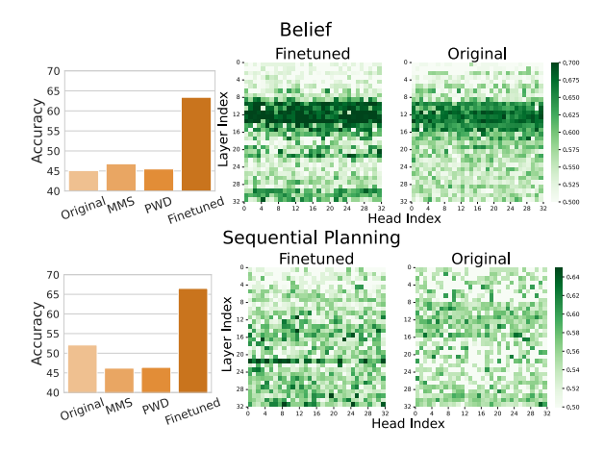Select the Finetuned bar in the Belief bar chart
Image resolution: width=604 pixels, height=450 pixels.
click(x=196, y=144)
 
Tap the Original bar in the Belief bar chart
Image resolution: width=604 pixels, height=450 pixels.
click(x=84, y=181)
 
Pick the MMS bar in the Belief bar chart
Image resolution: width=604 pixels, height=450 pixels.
click(x=121, y=178)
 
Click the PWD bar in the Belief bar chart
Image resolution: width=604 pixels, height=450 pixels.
click(x=159, y=180)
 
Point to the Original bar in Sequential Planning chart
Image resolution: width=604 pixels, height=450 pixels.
click(x=84, y=368)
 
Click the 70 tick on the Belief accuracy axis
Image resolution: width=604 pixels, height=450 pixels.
click(x=54, y=71)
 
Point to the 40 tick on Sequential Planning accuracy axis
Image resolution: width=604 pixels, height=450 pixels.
click(x=54, y=392)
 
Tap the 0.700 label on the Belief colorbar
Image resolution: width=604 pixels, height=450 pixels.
click(x=576, y=63)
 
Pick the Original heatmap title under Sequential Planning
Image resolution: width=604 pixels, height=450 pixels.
click(x=478, y=258)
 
